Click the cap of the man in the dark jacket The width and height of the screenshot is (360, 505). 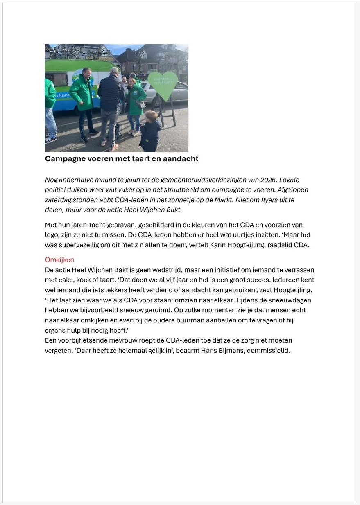click(x=115, y=70)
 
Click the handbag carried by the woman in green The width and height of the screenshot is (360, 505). click(x=141, y=104)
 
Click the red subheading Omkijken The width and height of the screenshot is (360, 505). click(x=59, y=260)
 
